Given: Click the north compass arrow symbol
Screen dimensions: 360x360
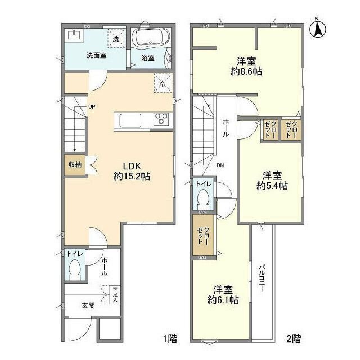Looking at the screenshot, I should (318, 28).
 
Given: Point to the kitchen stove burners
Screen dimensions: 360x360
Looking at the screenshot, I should (161, 119).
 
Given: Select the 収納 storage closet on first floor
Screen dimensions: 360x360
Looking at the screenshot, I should (74, 165).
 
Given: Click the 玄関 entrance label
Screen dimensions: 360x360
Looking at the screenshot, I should (88, 306).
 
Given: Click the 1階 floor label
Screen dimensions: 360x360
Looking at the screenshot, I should (170, 339).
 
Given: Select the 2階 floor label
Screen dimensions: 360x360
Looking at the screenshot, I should (293, 339).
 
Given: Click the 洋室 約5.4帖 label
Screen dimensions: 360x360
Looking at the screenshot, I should (272, 179).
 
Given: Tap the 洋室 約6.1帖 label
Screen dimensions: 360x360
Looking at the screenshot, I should (223, 295).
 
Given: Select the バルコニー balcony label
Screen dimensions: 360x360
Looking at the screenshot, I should (262, 277).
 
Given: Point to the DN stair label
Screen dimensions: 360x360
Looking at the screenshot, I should (220, 165).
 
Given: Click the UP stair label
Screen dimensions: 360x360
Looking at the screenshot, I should (91, 107).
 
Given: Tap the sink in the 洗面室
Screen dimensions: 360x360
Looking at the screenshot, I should (75, 35).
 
